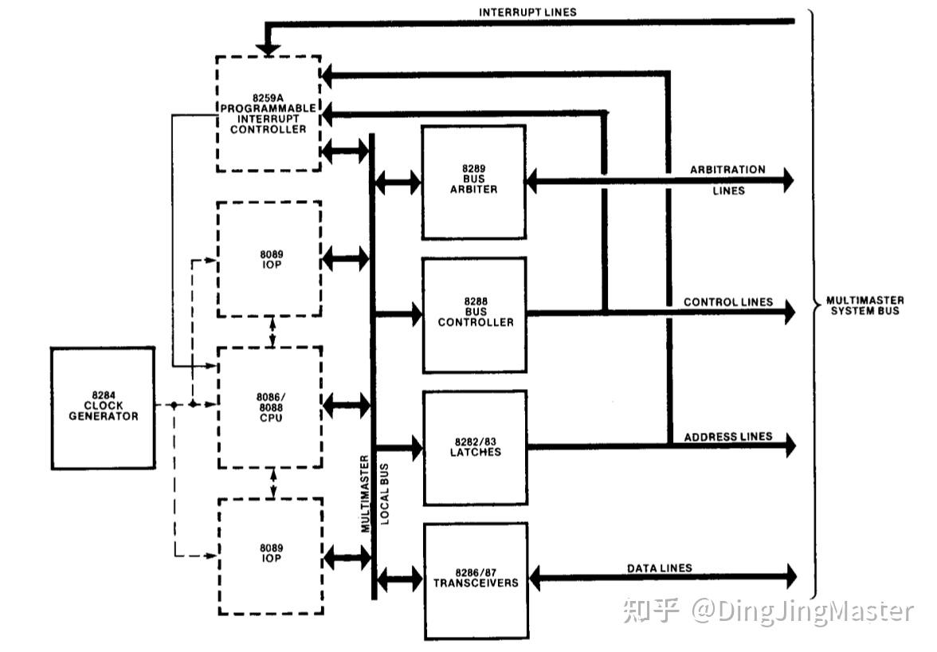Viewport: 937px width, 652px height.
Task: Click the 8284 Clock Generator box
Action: [103, 407]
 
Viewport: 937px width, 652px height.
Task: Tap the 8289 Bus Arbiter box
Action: [473, 182]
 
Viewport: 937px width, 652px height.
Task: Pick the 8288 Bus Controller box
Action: [473, 314]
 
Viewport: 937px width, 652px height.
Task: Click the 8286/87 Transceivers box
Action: [475, 580]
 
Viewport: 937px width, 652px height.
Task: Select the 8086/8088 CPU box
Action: [270, 407]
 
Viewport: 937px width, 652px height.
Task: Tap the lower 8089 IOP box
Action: [270, 555]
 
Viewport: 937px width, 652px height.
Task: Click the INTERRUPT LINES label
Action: [527, 12]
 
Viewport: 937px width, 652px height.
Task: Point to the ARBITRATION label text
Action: [727, 170]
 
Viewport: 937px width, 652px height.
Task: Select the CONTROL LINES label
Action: [728, 302]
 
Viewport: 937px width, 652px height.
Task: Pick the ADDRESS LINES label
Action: [728, 437]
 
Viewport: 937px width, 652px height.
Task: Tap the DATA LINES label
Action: [660, 568]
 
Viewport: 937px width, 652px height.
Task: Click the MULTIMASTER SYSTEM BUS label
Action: [864, 305]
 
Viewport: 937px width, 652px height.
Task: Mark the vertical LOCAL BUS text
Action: [385, 494]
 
